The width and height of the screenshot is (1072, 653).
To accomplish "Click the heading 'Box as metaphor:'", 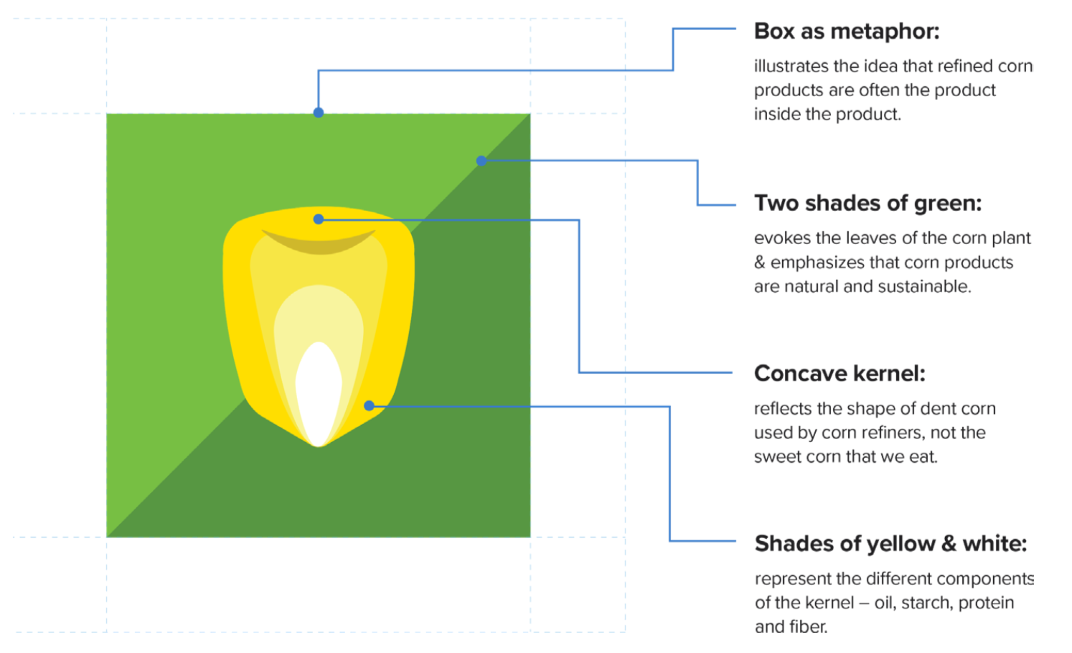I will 846,32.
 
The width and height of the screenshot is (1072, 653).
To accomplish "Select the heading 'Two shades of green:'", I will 868,203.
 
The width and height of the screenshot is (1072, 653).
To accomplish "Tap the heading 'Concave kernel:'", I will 840,373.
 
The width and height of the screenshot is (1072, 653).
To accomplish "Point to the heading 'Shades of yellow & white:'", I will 890,544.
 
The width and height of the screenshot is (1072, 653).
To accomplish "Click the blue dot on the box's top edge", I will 319,113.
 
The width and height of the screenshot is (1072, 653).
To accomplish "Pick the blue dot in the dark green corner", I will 481,161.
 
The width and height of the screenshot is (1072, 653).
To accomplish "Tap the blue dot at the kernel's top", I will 319,219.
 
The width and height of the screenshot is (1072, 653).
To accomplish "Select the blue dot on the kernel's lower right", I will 369,405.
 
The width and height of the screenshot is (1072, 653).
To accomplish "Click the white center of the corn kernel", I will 319,387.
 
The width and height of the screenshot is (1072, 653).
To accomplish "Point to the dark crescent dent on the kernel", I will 319,244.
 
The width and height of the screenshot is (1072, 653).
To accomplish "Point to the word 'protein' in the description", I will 986,603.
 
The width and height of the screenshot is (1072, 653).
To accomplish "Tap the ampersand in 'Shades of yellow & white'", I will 949,544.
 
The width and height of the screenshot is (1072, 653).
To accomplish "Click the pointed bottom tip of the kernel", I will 319,444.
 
